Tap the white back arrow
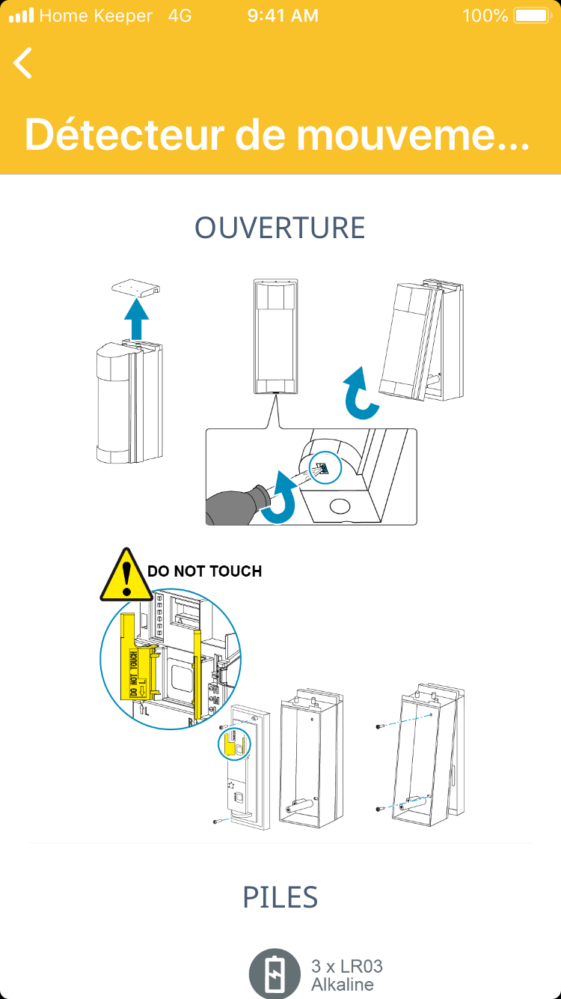tap(23, 63)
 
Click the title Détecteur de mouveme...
tap(277, 134)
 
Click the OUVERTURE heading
tap(280, 228)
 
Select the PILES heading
tap(280, 897)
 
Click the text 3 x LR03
tap(346, 966)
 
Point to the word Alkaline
tap(342, 984)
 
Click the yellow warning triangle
tap(126, 575)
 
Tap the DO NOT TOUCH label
tap(204, 571)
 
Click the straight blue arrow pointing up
tap(136, 318)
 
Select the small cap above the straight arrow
tap(135, 288)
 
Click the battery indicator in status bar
tap(532, 16)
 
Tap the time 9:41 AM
tap(283, 16)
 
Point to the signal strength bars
tap(21, 16)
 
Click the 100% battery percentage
tap(485, 16)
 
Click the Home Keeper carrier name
tap(96, 16)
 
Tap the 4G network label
tap(180, 16)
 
